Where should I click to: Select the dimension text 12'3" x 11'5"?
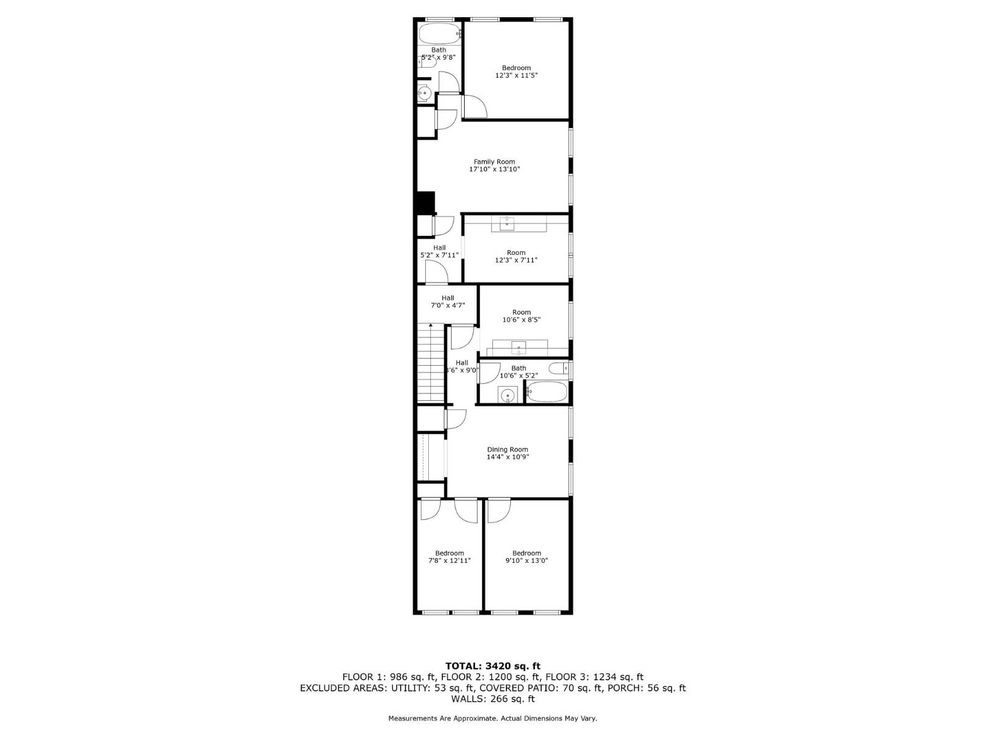pos(516,75)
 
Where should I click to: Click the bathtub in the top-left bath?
pos(439,33)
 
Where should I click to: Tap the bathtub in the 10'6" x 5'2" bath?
pos(547,392)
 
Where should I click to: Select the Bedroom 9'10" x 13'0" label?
pos(526,557)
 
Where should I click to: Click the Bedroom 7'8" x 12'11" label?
pos(449,557)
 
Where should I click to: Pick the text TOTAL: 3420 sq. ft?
pos(493,666)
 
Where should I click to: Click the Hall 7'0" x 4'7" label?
pos(447,302)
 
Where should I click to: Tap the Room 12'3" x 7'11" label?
pos(516,256)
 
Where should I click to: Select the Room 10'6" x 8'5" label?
pos(521,316)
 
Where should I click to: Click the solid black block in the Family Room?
pos(426,203)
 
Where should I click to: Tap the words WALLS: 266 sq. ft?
pos(493,699)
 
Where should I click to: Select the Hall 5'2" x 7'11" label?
pos(439,251)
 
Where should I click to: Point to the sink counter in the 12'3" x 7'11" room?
pos(519,224)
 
